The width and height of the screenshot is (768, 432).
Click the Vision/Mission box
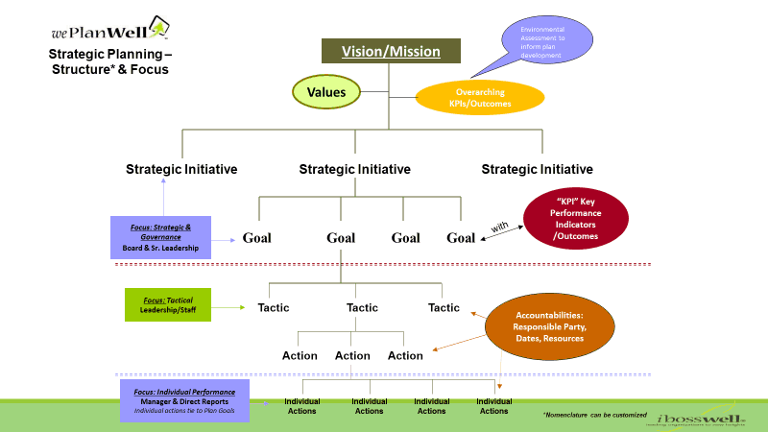(x=391, y=52)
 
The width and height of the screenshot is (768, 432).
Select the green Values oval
(x=325, y=93)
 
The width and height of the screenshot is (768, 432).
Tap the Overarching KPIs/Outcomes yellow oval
(x=479, y=97)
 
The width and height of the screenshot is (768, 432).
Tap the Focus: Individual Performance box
(x=184, y=399)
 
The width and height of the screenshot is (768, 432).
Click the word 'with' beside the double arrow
(x=500, y=228)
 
